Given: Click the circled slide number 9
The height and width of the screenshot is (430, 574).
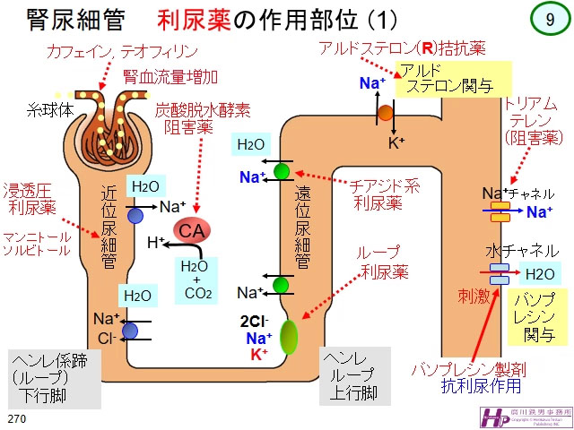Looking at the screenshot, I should click(x=548, y=20).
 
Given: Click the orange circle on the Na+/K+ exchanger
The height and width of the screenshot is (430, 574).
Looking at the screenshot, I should click(x=385, y=112).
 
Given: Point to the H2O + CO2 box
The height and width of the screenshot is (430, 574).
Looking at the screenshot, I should click(x=196, y=279).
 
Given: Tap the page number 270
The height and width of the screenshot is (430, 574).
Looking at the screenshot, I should click(x=15, y=418).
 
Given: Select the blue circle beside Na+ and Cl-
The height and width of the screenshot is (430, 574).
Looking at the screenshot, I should click(x=129, y=331).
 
